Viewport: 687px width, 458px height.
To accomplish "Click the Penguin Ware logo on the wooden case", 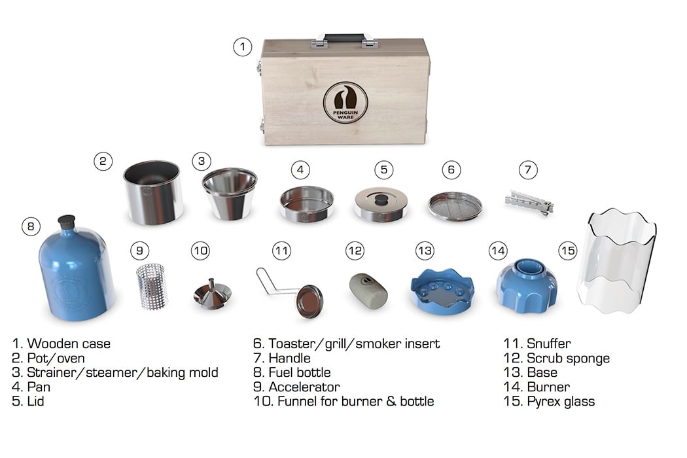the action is pos(345,102).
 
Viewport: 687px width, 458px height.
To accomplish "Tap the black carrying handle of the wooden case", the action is pos(344,38).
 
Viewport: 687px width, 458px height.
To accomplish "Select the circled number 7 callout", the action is pos(528,169).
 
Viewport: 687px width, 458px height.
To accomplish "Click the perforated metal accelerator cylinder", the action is pos(152,287).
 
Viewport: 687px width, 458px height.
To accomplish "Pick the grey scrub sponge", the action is pos(368,291).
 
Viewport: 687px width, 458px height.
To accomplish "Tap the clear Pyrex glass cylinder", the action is pos(616,262).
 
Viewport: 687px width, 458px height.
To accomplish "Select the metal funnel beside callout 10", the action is pos(212,294).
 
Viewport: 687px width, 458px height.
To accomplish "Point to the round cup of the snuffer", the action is pos(309,301).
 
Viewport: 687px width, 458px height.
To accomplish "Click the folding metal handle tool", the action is pos(529,203).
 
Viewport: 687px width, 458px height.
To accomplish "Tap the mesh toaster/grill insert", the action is pos(455,205).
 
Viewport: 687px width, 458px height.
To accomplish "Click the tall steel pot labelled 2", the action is pos(153,192).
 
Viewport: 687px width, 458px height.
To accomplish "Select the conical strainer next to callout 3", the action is pos(230,193).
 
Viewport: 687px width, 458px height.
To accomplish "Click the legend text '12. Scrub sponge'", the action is pos(556,358).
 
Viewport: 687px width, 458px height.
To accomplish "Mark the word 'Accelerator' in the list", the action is pos(304,387).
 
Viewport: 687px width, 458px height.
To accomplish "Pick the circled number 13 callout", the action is pos(425,251).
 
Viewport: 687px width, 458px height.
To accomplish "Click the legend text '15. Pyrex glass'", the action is pos(549,402).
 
